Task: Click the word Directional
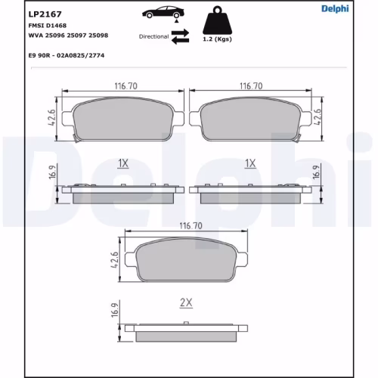click(x=153, y=36)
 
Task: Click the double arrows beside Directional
click(x=180, y=37)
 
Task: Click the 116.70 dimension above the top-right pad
click(x=250, y=87)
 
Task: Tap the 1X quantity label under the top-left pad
click(x=124, y=163)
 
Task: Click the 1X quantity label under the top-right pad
click(x=250, y=163)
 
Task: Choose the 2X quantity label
click(x=186, y=302)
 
